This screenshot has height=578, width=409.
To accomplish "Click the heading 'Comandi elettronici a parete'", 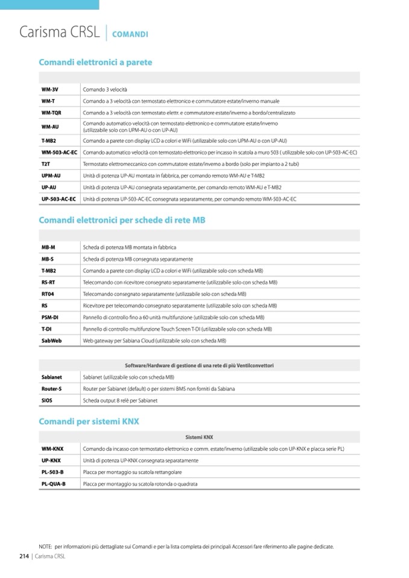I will (95, 62).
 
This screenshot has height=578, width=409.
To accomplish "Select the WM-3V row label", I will (49, 89).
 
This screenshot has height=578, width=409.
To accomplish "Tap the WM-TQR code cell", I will (52, 113).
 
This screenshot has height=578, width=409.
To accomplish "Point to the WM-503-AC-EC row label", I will (59, 152).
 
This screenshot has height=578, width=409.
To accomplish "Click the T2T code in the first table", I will (46, 164).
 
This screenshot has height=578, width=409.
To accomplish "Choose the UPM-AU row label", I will (51, 175).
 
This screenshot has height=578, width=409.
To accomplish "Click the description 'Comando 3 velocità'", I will (101, 89).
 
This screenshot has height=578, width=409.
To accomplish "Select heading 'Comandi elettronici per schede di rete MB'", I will (122, 221).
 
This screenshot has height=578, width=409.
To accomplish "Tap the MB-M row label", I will (48, 247).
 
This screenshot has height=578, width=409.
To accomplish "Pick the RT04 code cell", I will (48, 294).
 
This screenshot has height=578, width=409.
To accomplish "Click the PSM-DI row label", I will (49, 318).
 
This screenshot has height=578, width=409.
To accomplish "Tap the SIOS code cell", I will (47, 400).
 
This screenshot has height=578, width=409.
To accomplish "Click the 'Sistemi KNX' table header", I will (199, 436).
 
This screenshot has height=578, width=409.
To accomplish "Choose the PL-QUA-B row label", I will (54, 484).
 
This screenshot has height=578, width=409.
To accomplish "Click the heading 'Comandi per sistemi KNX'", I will (89, 421).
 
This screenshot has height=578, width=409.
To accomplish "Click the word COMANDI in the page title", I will (130, 34).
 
